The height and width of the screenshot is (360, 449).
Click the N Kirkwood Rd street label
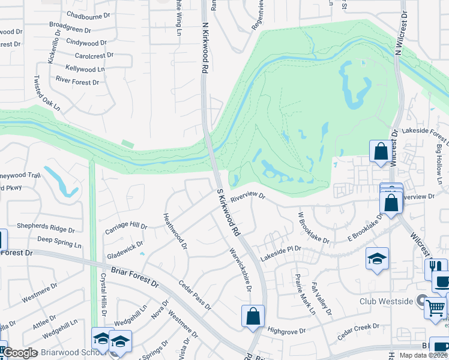pyautogui.click(x=205, y=49)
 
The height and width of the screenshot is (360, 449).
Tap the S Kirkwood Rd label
pyautogui.click(x=229, y=211)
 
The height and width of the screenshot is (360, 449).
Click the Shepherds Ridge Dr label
pyautogui.click(x=46, y=230)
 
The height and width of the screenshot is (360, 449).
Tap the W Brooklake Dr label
pyautogui.click(x=314, y=227)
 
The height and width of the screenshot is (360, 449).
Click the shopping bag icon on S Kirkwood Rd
pyautogui.click(x=253, y=316)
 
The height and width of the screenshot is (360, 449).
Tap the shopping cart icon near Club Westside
pyautogui.click(x=435, y=308)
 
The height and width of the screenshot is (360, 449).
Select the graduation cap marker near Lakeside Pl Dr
pyautogui.click(x=378, y=259)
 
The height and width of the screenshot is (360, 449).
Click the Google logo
pyautogui.click(x=20, y=353)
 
